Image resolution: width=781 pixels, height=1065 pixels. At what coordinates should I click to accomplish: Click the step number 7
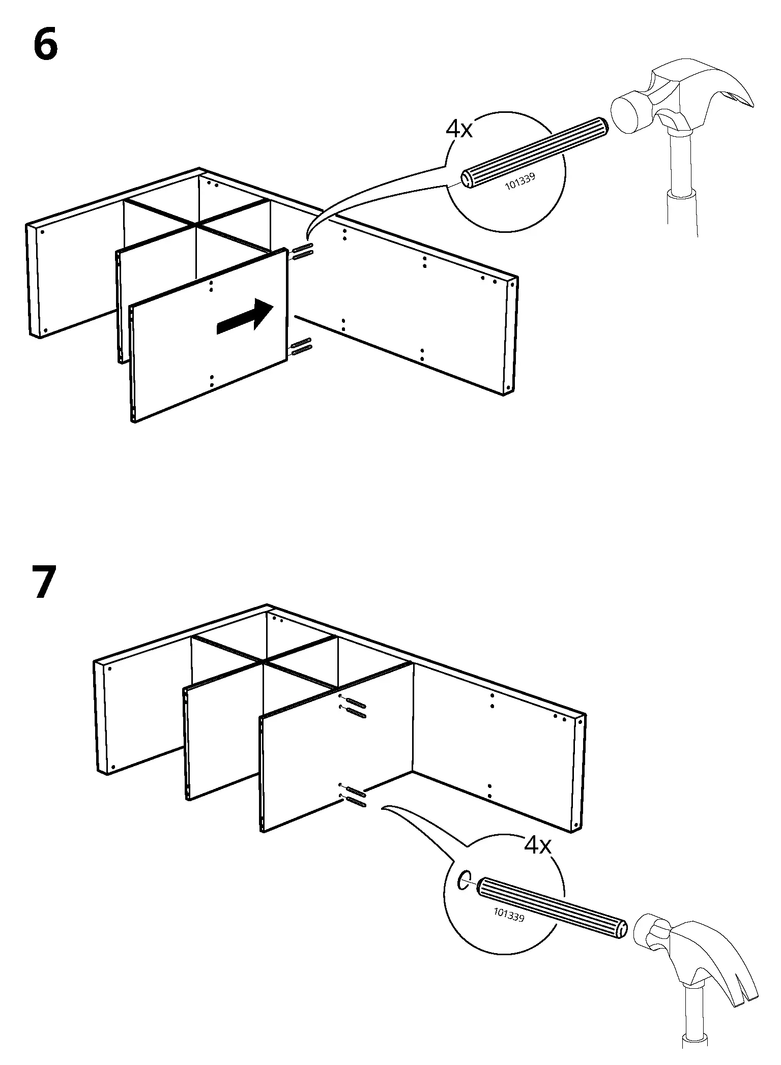click(x=45, y=583)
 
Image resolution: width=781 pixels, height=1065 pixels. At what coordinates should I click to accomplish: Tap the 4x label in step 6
click(x=459, y=130)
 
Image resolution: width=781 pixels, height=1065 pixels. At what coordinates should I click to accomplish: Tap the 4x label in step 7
click(x=538, y=845)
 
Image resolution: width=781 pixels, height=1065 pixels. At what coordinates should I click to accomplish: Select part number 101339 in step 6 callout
click(x=520, y=182)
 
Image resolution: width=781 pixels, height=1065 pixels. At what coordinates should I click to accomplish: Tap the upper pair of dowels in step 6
click(x=302, y=250)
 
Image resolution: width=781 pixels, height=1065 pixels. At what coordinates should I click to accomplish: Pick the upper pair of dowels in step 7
click(x=355, y=708)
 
